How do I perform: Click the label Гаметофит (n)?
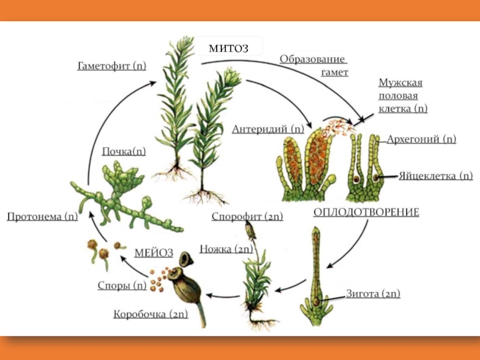coord(112,65)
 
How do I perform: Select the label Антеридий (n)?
coord(268,128)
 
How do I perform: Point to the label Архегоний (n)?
coord(421,139)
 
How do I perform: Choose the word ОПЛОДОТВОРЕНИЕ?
coord(366,212)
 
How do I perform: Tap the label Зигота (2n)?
coord(373,294)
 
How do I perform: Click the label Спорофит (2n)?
coord(247,217)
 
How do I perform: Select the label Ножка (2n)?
coord(226,248)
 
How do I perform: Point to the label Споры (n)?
coord(122,286)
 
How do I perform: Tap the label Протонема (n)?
coord(42,217)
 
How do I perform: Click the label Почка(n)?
coord(124,151)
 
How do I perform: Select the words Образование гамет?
coord(313,65)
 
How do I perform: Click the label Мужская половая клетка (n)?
coord(403,95)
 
